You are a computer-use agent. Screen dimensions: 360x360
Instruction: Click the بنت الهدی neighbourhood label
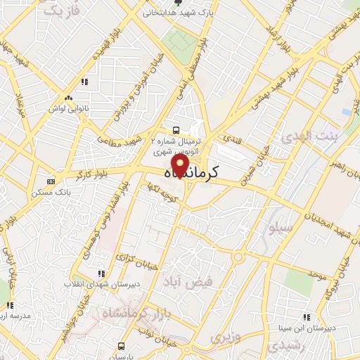[x=304, y=137]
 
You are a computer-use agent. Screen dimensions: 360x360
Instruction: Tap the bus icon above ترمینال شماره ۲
[x=175, y=129]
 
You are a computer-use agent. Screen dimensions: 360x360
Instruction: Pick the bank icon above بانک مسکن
[x=49, y=181]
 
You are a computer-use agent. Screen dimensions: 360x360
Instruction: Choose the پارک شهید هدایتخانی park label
[x=179, y=13]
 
